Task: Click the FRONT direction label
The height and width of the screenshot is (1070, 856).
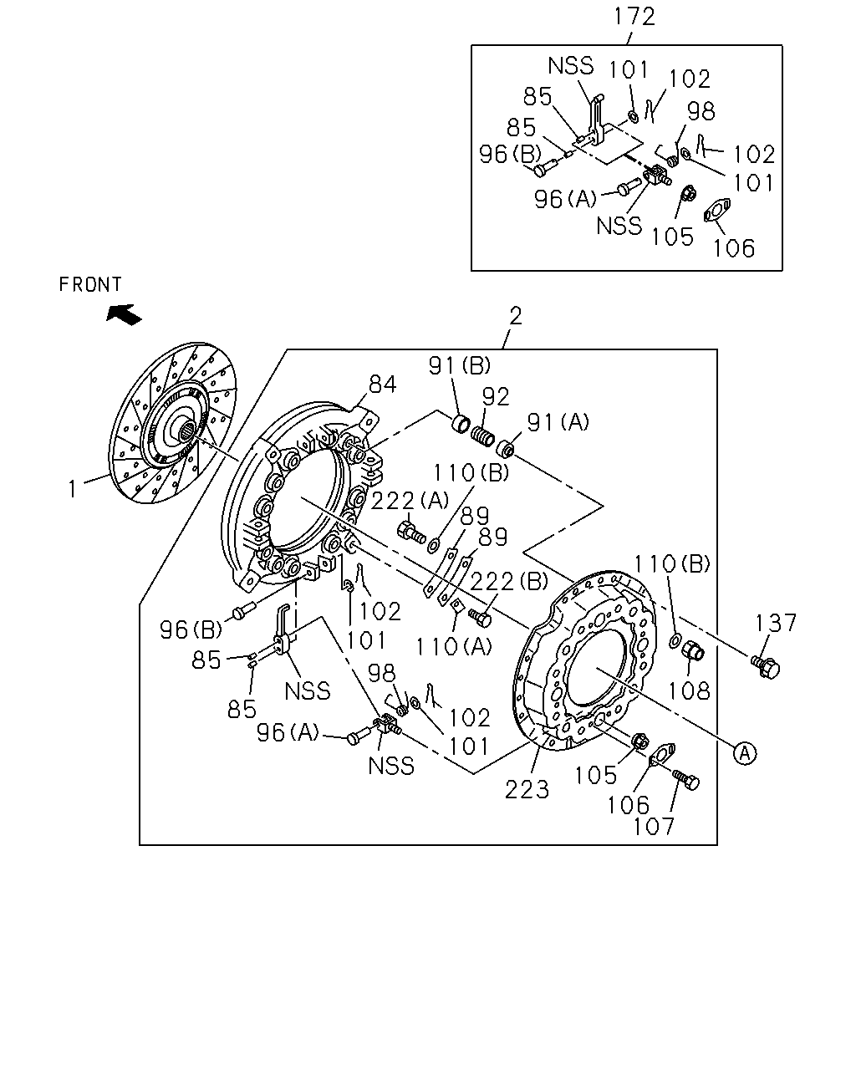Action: (x=90, y=285)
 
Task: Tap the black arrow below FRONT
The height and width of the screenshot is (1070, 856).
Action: (x=124, y=314)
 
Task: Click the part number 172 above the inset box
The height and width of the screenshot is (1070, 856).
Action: (x=634, y=17)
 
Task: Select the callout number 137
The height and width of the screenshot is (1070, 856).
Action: (x=776, y=623)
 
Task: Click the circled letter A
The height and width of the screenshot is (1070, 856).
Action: (x=745, y=754)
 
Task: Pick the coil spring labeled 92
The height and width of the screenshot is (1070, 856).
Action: (x=482, y=436)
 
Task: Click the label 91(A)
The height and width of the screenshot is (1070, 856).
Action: (x=558, y=422)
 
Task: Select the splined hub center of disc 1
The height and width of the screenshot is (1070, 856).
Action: (x=188, y=427)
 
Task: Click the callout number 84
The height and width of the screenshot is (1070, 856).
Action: (x=383, y=385)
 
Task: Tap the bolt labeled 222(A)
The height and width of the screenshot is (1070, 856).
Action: (x=411, y=532)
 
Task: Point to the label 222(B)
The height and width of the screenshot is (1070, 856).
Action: (x=509, y=581)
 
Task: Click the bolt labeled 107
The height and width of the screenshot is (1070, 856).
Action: (x=686, y=779)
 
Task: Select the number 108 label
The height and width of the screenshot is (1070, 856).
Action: (x=688, y=690)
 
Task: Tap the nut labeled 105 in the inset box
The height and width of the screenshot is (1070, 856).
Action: (x=687, y=193)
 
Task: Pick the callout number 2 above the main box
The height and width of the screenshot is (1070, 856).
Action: (x=516, y=316)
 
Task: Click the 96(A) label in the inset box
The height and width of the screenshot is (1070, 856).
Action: (x=565, y=199)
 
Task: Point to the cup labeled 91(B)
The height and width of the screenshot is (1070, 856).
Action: (x=461, y=423)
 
